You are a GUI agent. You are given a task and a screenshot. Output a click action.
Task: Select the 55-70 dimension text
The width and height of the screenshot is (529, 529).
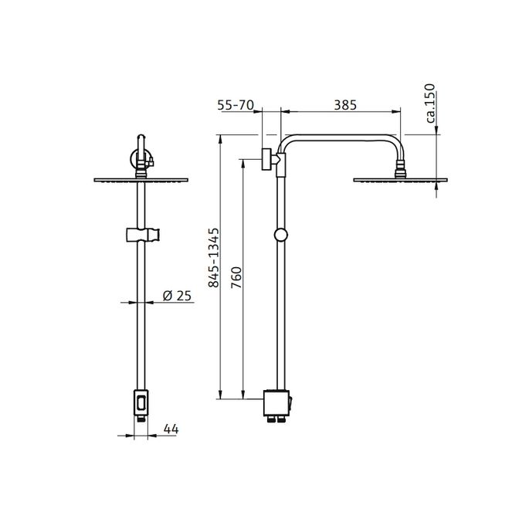tap(236, 105)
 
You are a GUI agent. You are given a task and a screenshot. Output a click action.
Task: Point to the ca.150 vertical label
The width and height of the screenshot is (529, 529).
tap(430, 104)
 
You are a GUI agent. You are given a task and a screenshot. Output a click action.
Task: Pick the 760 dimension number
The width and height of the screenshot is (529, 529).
tap(238, 276)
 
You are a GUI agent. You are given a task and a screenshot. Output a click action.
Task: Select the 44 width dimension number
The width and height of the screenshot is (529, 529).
tap(171, 429)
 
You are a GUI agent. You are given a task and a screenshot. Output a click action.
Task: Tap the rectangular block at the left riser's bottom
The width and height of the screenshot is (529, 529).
tap(140, 402)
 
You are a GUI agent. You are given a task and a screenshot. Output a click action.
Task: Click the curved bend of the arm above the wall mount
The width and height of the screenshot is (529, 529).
tap(287, 142)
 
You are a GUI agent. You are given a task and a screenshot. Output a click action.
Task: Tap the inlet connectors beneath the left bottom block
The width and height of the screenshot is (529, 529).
tap(140, 419)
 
